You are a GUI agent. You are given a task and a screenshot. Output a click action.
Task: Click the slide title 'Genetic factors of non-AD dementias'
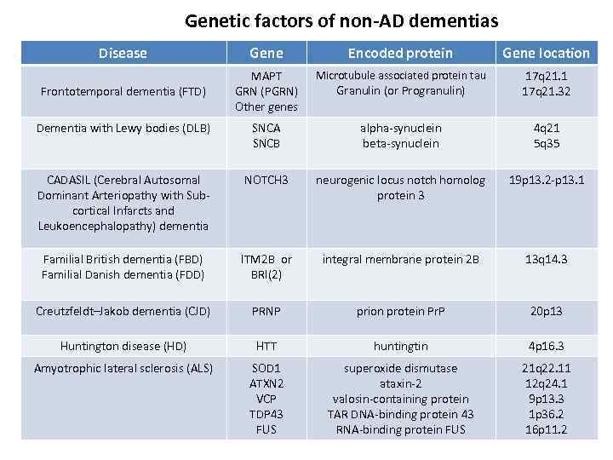341,20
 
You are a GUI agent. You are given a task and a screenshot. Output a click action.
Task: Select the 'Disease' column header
123,53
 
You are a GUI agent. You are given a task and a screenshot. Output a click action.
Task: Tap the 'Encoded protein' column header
400,53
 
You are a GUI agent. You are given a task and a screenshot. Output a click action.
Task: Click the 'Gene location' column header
546,53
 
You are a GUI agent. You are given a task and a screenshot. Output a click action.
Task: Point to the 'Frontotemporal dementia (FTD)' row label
123,91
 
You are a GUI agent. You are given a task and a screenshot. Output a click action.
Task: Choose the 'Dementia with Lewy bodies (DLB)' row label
123,128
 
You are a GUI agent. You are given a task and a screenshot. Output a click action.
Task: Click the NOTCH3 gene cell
266,180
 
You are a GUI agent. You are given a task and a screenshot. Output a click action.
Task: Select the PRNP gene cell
266,312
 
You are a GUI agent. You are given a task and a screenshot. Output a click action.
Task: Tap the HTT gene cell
266,346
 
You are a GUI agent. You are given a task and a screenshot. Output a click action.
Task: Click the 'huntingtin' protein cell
400,346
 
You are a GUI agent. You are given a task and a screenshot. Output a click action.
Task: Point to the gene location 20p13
546,312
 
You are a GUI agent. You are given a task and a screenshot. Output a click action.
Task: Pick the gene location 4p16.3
546,346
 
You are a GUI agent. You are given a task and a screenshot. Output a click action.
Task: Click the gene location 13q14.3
546,259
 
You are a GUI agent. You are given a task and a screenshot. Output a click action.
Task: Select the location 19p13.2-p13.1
546,180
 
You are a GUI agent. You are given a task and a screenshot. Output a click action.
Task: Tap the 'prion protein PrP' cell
400,312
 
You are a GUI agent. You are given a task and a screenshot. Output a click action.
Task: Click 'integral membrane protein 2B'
400,259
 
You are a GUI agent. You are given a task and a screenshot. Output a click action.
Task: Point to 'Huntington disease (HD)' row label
123,346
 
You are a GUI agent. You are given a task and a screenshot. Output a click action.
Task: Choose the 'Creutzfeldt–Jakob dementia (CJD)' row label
123,312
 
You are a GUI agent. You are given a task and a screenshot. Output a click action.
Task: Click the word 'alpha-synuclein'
400,128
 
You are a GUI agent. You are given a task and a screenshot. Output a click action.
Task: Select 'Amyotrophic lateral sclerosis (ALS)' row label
123,368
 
